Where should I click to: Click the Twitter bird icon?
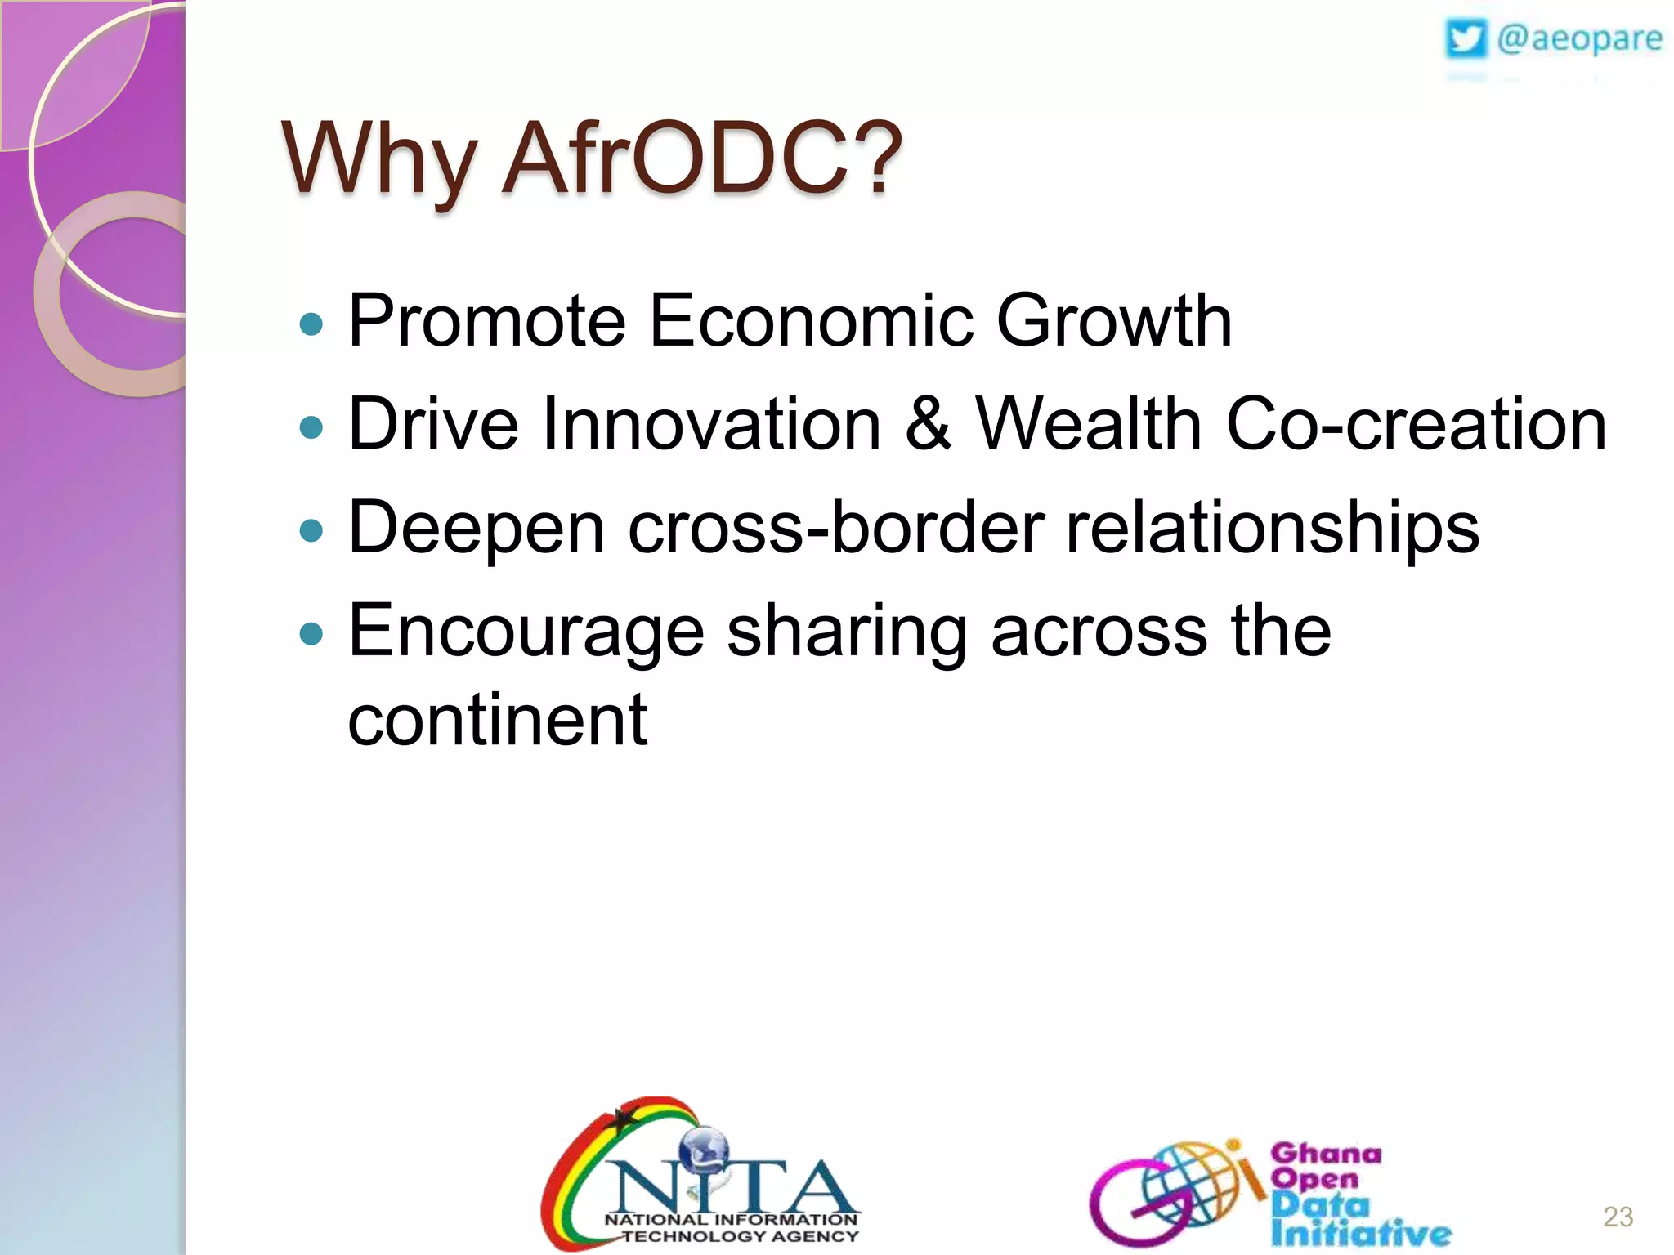1466,39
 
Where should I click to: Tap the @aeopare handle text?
1579,39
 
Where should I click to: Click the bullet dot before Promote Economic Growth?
311,324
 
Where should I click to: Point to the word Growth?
1113,320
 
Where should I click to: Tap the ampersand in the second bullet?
929,423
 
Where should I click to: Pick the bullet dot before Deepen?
311,531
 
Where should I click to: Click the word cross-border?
835,528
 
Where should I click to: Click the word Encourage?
526,631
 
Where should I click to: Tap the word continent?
497,719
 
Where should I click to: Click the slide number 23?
1618,1217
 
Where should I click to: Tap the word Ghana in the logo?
1326,1153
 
